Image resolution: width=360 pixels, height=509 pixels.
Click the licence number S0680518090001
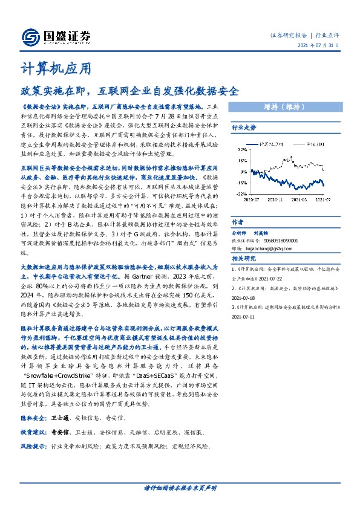pyautogui.click(x=272, y=240)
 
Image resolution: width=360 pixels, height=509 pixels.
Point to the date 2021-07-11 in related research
pyautogui.click(x=244, y=316)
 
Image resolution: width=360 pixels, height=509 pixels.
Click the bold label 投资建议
pyautogui.click(x=33, y=433)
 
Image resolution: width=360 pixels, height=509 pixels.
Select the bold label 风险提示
pyautogui.click(x=33, y=447)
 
